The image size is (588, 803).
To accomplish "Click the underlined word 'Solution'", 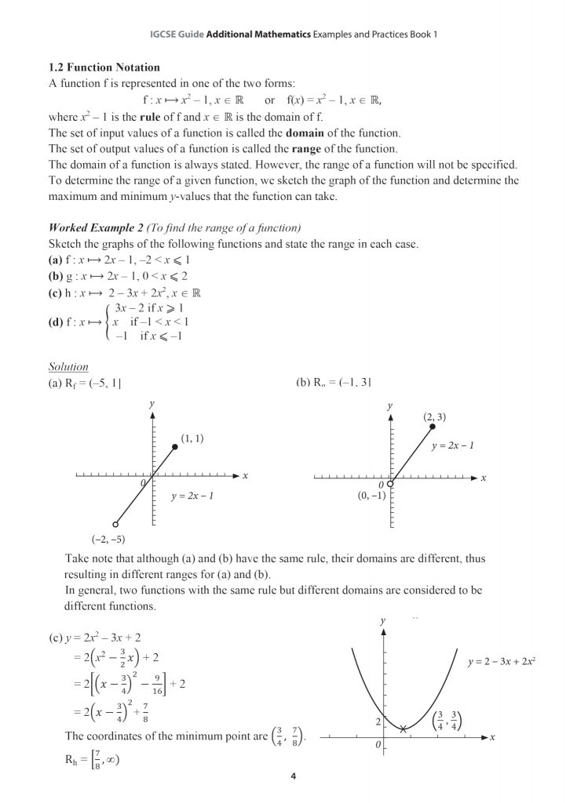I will click(x=69, y=366).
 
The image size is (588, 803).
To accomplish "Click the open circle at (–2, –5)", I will click(x=115, y=524).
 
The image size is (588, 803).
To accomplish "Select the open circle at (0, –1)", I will click(x=390, y=485).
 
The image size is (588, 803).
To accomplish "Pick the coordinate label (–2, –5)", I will click(x=108, y=540).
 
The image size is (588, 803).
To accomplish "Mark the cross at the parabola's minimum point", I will click(x=403, y=729).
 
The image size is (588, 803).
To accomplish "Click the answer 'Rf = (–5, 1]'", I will click(x=85, y=383).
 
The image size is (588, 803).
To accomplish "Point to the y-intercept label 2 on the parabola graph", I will click(x=377, y=720).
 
